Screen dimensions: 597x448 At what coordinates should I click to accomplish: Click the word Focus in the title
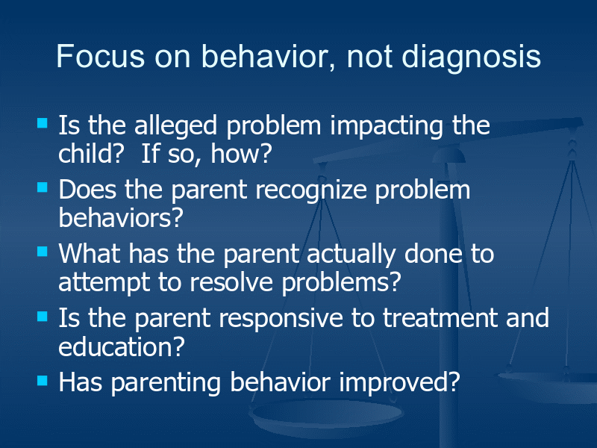pyautogui.click(x=101, y=57)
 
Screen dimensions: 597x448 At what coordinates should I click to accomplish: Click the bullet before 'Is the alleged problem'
pyautogui.click(x=43, y=122)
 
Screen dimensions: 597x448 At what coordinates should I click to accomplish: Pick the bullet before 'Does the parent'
pyautogui.click(x=43, y=187)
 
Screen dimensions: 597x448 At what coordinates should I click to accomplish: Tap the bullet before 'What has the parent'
pyautogui.click(x=43, y=252)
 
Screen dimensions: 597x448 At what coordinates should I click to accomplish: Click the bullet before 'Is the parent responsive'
pyautogui.click(x=43, y=316)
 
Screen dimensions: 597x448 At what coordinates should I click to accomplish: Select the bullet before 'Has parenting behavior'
pyautogui.click(x=43, y=381)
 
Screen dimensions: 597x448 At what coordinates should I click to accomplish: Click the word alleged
pyautogui.click(x=176, y=127)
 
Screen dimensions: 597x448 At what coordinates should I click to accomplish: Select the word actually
pyautogui.click(x=351, y=255)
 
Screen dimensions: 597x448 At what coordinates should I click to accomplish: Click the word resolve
pyautogui.click(x=231, y=283)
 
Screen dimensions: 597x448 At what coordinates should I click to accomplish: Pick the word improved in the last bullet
pyautogui.click(x=399, y=383)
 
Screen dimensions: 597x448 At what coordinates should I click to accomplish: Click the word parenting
pyautogui.click(x=166, y=384)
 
